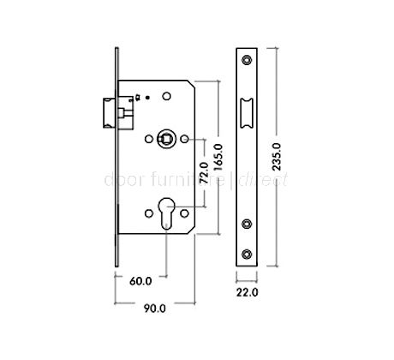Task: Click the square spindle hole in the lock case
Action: [165, 137]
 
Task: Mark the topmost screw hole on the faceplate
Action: [247, 59]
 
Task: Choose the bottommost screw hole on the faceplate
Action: [247, 252]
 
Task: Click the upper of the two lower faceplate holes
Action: [247, 225]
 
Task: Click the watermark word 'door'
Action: [118, 181]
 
